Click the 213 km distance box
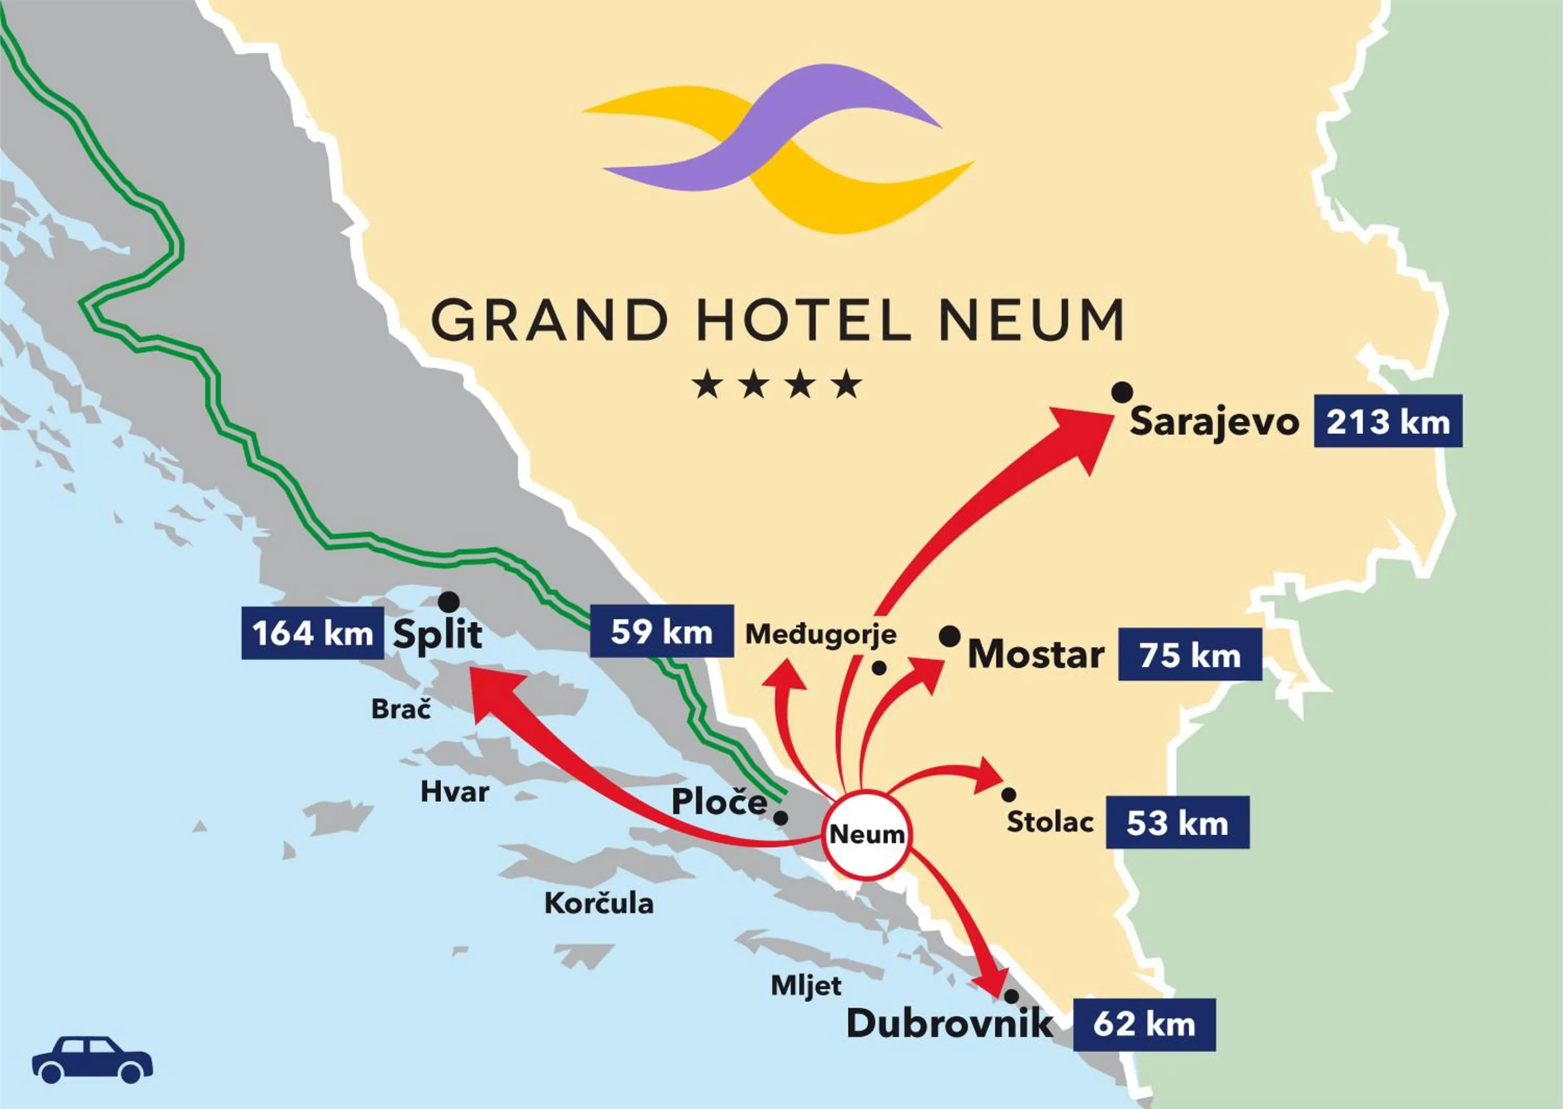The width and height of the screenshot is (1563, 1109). point(1387,421)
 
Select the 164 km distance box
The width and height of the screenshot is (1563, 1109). point(313,633)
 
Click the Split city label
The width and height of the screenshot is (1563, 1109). point(438,634)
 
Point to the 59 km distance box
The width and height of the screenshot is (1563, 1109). point(661,632)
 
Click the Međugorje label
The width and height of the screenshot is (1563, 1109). point(821,634)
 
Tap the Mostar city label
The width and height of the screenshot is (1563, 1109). point(1035,654)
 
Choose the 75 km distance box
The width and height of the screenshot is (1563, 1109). point(1189,656)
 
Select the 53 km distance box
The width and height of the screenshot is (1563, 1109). point(1177,823)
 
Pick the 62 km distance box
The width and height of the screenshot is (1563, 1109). point(1144,1025)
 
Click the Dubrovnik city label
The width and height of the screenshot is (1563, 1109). point(949,1024)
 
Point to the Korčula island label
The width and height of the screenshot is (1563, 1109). point(599,904)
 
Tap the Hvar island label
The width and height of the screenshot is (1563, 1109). point(454,792)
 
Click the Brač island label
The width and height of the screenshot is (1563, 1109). point(401,709)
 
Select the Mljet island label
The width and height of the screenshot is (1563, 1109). point(806,985)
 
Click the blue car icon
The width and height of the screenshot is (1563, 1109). point(92,1060)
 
